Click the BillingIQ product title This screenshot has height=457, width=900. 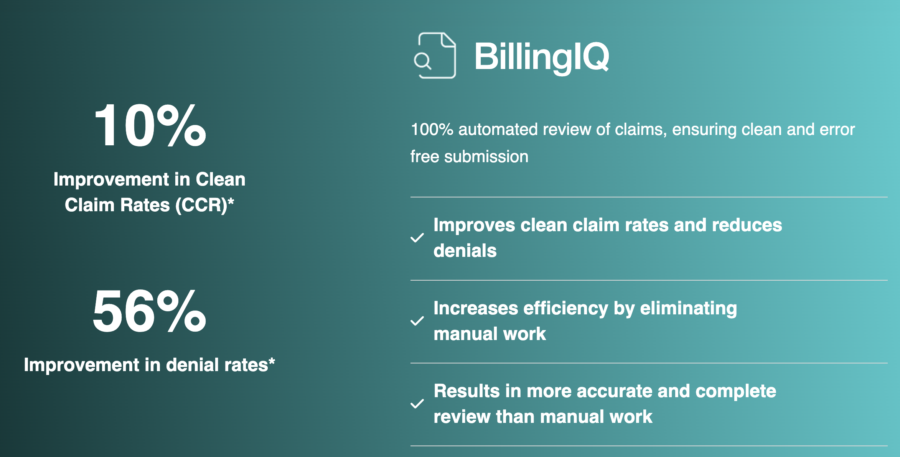tap(541, 57)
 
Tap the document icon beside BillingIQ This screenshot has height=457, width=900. tap(436, 56)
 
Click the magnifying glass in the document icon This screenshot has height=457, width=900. tap(423, 61)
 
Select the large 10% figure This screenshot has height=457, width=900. tap(150, 126)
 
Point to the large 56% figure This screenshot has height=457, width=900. tap(149, 311)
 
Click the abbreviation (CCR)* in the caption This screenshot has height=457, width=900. tap(205, 205)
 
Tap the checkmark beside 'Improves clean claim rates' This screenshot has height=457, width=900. tap(417, 238)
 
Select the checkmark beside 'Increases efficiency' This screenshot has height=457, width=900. tap(417, 321)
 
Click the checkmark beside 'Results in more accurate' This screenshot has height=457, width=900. tap(417, 404)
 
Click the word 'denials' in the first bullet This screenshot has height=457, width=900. tap(465, 251)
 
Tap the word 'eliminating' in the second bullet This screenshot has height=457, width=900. tap(688, 309)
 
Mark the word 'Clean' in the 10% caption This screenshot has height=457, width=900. tap(221, 179)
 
